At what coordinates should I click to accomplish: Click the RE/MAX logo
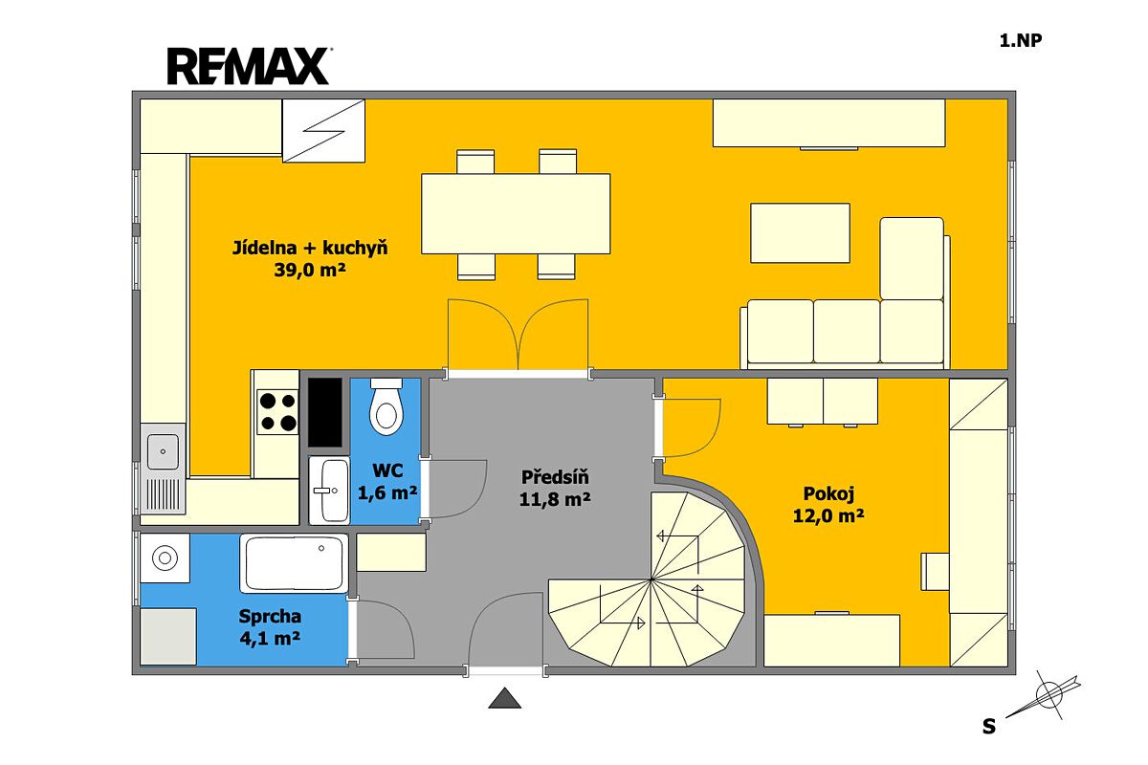click(x=249, y=66)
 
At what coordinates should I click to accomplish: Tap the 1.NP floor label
click(x=1021, y=40)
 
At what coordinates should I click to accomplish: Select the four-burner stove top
click(x=277, y=412)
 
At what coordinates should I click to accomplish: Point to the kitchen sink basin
click(x=163, y=451)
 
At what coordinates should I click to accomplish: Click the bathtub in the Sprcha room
click(x=295, y=563)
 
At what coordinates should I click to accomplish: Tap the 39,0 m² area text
click(x=310, y=270)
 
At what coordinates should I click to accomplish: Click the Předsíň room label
click(x=555, y=477)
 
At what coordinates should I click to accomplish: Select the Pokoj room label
click(x=828, y=494)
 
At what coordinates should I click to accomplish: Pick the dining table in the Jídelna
click(x=516, y=213)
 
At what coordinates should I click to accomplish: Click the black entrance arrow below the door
click(x=505, y=698)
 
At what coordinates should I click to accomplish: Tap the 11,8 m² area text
click(x=555, y=499)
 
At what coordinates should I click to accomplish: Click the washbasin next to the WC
click(x=329, y=491)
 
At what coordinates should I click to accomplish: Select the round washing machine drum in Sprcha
click(x=165, y=557)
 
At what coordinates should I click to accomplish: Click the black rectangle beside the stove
click(x=325, y=412)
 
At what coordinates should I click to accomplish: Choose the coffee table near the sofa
click(x=800, y=233)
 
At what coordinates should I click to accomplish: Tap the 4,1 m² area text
click(x=270, y=639)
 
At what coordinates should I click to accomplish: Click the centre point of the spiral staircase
click(x=651, y=580)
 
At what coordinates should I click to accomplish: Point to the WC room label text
click(x=387, y=470)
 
